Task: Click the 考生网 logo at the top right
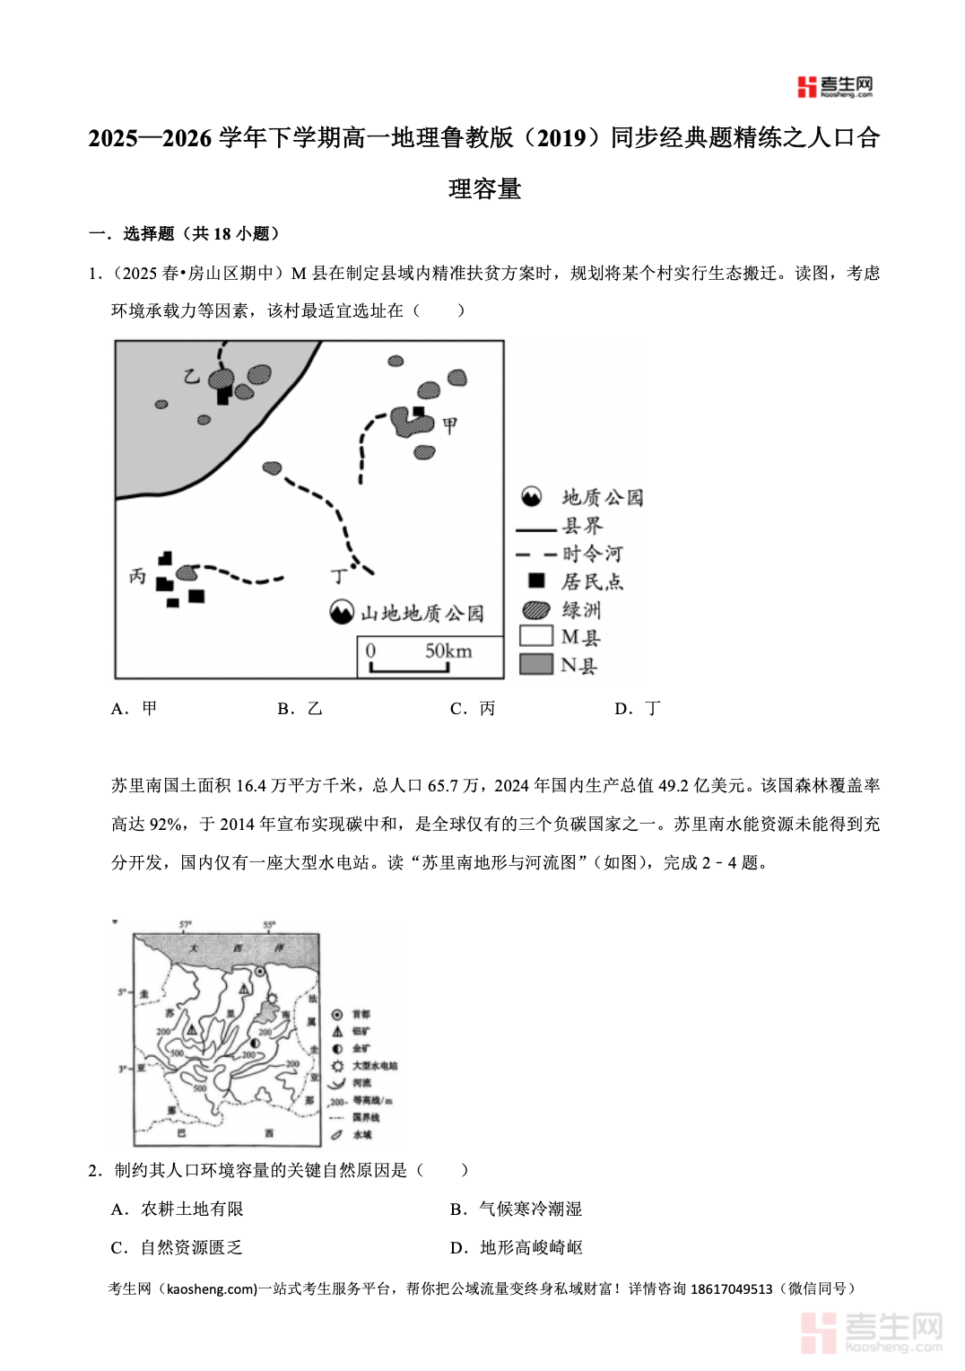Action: tap(834, 86)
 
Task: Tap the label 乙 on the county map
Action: tap(191, 376)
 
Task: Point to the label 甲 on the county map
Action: tap(449, 425)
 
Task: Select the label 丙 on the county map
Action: tap(137, 576)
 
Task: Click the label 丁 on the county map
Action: tap(338, 575)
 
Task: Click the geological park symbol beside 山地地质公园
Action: tap(342, 612)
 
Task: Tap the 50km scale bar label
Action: tap(448, 651)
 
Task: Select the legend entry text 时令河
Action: tap(592, 554)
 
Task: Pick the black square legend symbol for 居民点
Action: tap(536, 581)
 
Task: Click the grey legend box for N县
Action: tap(535, 664)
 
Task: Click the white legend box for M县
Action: tap(535, 636)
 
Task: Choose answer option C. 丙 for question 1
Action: tap(473, 709)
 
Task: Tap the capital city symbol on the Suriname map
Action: tap(260, 971)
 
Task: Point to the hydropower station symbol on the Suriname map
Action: tap(272, 999)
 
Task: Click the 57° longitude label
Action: tap(186, 924)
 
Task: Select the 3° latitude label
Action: tap(123, 1069)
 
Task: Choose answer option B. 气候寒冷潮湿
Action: tap(517, 1209)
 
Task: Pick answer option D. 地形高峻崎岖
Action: tap(517, 1248)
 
